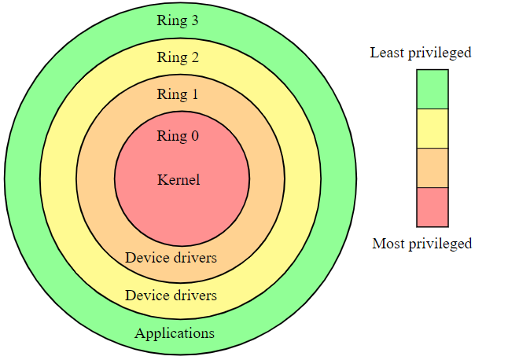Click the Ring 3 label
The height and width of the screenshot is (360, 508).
click(178, 20)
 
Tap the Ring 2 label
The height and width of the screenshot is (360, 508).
click(178, 57)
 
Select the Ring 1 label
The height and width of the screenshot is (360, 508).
click(178, 94)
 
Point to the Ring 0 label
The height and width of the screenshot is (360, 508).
click(178, 136)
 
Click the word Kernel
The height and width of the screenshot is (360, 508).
click(179, 180)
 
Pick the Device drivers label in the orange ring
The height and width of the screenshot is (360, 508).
click(171, 257)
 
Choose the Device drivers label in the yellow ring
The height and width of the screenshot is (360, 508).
click(171, 296)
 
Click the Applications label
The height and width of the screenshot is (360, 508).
click(174, 332)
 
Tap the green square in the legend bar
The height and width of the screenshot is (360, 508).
click(433, 89)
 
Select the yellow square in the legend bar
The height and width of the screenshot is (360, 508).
click(433, 128)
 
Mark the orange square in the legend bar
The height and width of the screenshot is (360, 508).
click(433, 167)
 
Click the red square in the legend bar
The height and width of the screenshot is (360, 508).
click(433, 207)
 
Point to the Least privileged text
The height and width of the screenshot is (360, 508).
click(421, 53)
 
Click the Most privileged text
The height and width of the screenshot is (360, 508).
click(421, 243)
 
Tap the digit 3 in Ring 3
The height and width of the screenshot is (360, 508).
click(194, 20)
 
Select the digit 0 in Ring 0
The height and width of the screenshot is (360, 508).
click(194, 136)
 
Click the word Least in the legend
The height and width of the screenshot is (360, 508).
click(386, 53)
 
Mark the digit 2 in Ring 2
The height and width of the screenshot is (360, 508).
click(194, 57)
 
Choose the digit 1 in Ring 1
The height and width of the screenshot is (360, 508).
click(194, 94)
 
